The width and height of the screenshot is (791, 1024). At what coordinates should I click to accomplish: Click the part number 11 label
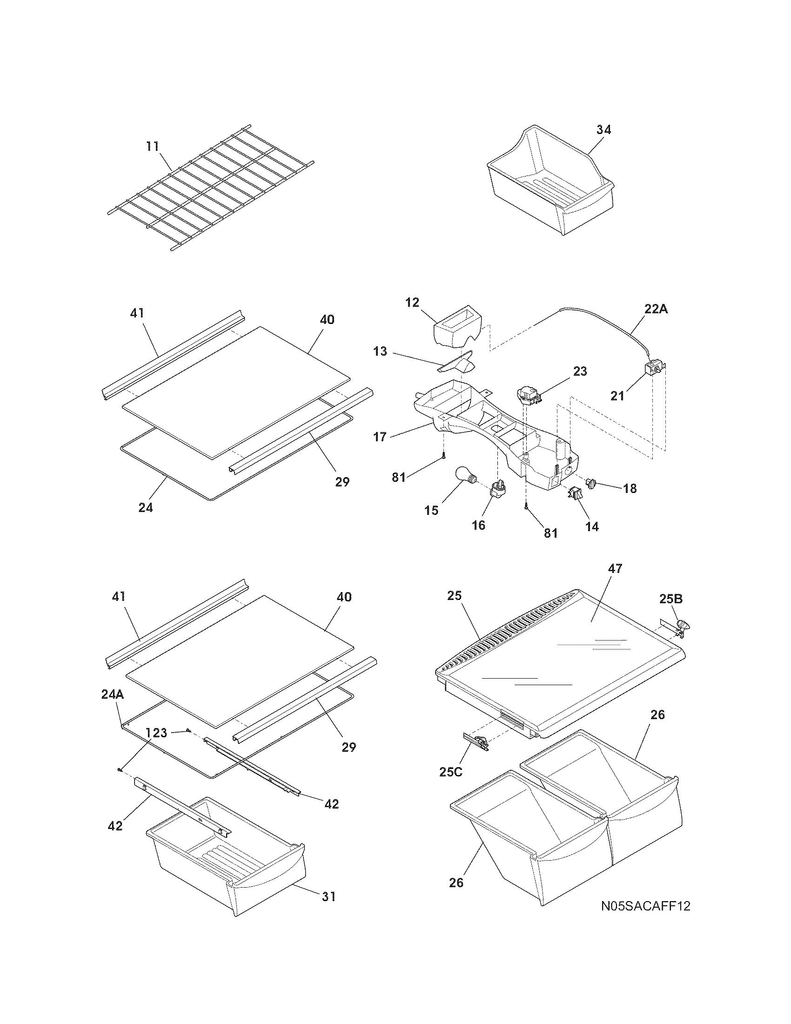[x=152, y=146]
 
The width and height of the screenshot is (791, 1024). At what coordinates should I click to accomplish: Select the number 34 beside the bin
[x=603, y=130]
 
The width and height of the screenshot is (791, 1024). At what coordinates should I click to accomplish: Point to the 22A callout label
[x=657, y=309]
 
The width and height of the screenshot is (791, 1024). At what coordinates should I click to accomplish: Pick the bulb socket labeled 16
[x=498, y=491]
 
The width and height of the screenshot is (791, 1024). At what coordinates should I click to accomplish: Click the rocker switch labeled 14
[x=575, y=493]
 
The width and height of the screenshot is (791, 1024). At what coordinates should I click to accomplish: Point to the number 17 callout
[x=380, y=437]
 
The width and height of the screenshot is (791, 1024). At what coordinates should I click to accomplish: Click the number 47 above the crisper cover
[x=615, y=568]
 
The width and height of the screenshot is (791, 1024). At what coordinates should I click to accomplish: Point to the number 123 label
[x=156, y=732]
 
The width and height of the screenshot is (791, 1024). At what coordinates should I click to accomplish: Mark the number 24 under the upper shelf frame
[x=145, y=507]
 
